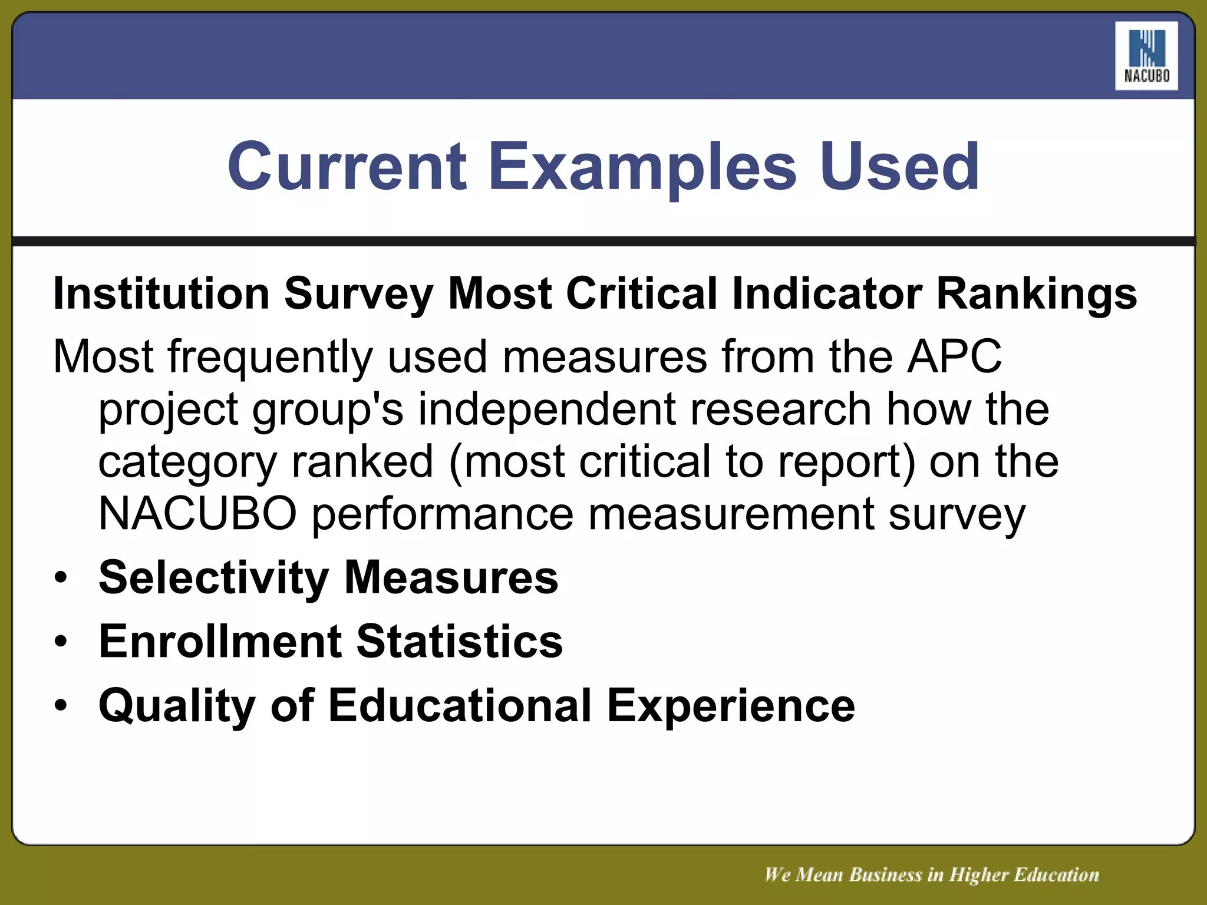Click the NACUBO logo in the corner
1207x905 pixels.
coord(1146,57)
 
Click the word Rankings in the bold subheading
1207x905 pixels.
coord(1037,293)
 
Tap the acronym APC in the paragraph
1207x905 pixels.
coord(954,356)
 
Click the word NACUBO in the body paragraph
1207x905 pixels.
coord(197,514)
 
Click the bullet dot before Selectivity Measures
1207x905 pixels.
coord(61,578)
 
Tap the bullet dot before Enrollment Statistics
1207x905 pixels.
coord(61,642)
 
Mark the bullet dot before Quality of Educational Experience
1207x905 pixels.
coord(61,705)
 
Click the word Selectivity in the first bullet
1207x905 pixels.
coord(214,578)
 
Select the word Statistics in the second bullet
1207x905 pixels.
coord(460,641)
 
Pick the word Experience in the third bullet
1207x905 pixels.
coord(731,705)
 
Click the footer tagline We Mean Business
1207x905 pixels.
coord(931,874)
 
